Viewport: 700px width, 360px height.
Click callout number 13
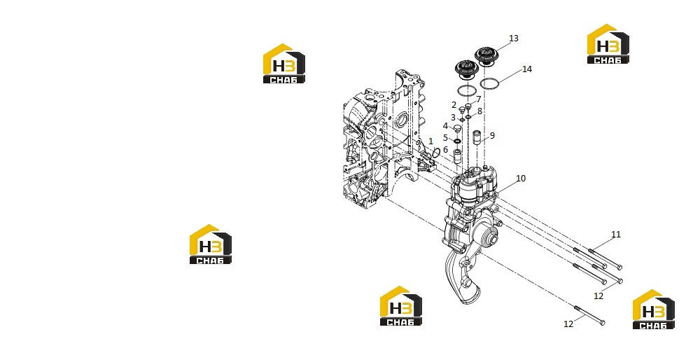(x=513, y=39)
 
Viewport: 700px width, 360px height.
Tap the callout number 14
(x=527, y=69)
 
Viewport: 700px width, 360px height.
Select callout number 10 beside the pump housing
(x=521, y=178)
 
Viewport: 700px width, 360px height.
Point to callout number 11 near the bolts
(x=615, y=235)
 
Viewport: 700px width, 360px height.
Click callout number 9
(x=492, y=135)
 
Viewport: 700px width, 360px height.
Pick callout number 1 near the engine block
(x=430, y=141)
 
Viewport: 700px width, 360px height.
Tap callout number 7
(x=479, y=99)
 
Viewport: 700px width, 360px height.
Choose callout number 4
(x=445, y=126)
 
